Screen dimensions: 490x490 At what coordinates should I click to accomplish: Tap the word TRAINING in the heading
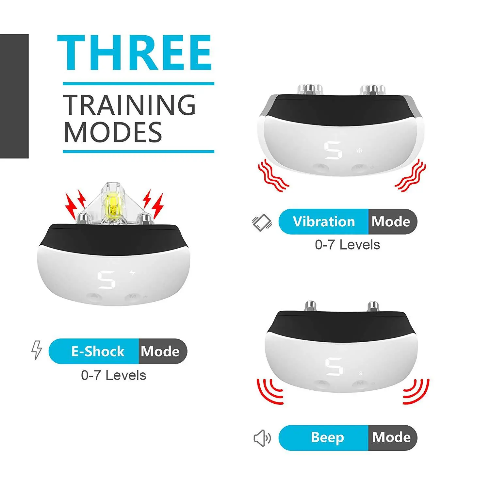pyautogui.click(x=129, y=105)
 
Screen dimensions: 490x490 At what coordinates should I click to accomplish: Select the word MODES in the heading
pyautogui.click(x=113, y=132)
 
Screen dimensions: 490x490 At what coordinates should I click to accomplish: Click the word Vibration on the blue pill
pyautogui.click(x=324, y=221)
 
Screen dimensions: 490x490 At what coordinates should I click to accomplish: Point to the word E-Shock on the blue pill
pyautogui.click(x=98, y=351)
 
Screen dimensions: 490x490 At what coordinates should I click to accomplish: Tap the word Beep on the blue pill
pyautogui.click(x=327, y=437)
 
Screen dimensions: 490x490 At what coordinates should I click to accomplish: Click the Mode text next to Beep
pyautogui.click(x=391, y=437)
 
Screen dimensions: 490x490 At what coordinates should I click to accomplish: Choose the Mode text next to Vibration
pyautogui.click(x=391, y=221)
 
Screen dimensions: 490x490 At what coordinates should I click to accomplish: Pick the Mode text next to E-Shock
pyautogui.click(x=160, y=351)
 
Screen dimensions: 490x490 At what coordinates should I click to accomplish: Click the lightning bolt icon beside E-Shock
pyautogui.click(x=37, y=350)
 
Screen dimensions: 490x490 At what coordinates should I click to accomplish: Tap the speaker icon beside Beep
pyautogui.click(x=262, y=438)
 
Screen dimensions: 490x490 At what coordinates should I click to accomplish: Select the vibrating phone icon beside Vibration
pyautogui.click(x=262, y=222)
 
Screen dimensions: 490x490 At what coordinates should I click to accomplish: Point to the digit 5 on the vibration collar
pyautogui.click(x=333, y=150)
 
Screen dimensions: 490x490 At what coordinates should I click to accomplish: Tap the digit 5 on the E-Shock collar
pyautogui.click(x=106, y=280)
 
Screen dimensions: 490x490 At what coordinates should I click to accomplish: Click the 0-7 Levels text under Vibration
pyautogui.click(x=348, y=245)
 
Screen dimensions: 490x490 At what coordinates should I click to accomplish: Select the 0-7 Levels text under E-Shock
pyautogui.click(x=114, y=375)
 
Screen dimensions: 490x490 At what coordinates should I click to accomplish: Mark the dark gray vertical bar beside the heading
pyautogui.click(x=14, y=96)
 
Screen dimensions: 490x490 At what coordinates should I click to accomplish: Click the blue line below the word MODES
pyautogui.click(x=139, y=152)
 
